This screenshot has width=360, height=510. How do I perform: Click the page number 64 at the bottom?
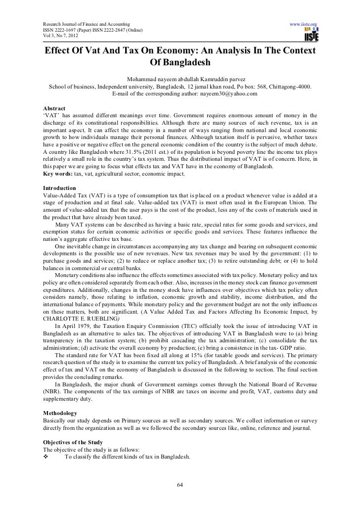point(180,484)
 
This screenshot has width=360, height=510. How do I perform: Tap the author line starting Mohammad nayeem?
point(180,79)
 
